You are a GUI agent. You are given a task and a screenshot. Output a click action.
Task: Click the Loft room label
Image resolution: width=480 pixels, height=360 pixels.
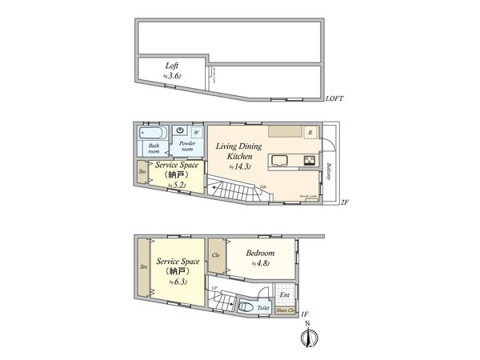(170, 66)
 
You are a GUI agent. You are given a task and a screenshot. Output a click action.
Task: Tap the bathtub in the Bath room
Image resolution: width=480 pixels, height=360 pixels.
(154, 132)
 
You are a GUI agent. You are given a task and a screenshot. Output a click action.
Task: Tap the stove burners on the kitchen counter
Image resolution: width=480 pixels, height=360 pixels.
(308, 161)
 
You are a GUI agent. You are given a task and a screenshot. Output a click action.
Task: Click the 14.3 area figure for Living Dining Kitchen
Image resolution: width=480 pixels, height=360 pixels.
(242, 167)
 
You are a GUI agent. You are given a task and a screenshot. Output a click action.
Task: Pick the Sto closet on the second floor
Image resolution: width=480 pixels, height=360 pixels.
(142, 172)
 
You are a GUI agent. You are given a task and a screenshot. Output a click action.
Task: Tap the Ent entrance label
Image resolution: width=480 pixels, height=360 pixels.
(284, 294)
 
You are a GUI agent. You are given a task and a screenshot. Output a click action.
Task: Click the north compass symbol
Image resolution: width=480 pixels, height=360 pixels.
(306, 338)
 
